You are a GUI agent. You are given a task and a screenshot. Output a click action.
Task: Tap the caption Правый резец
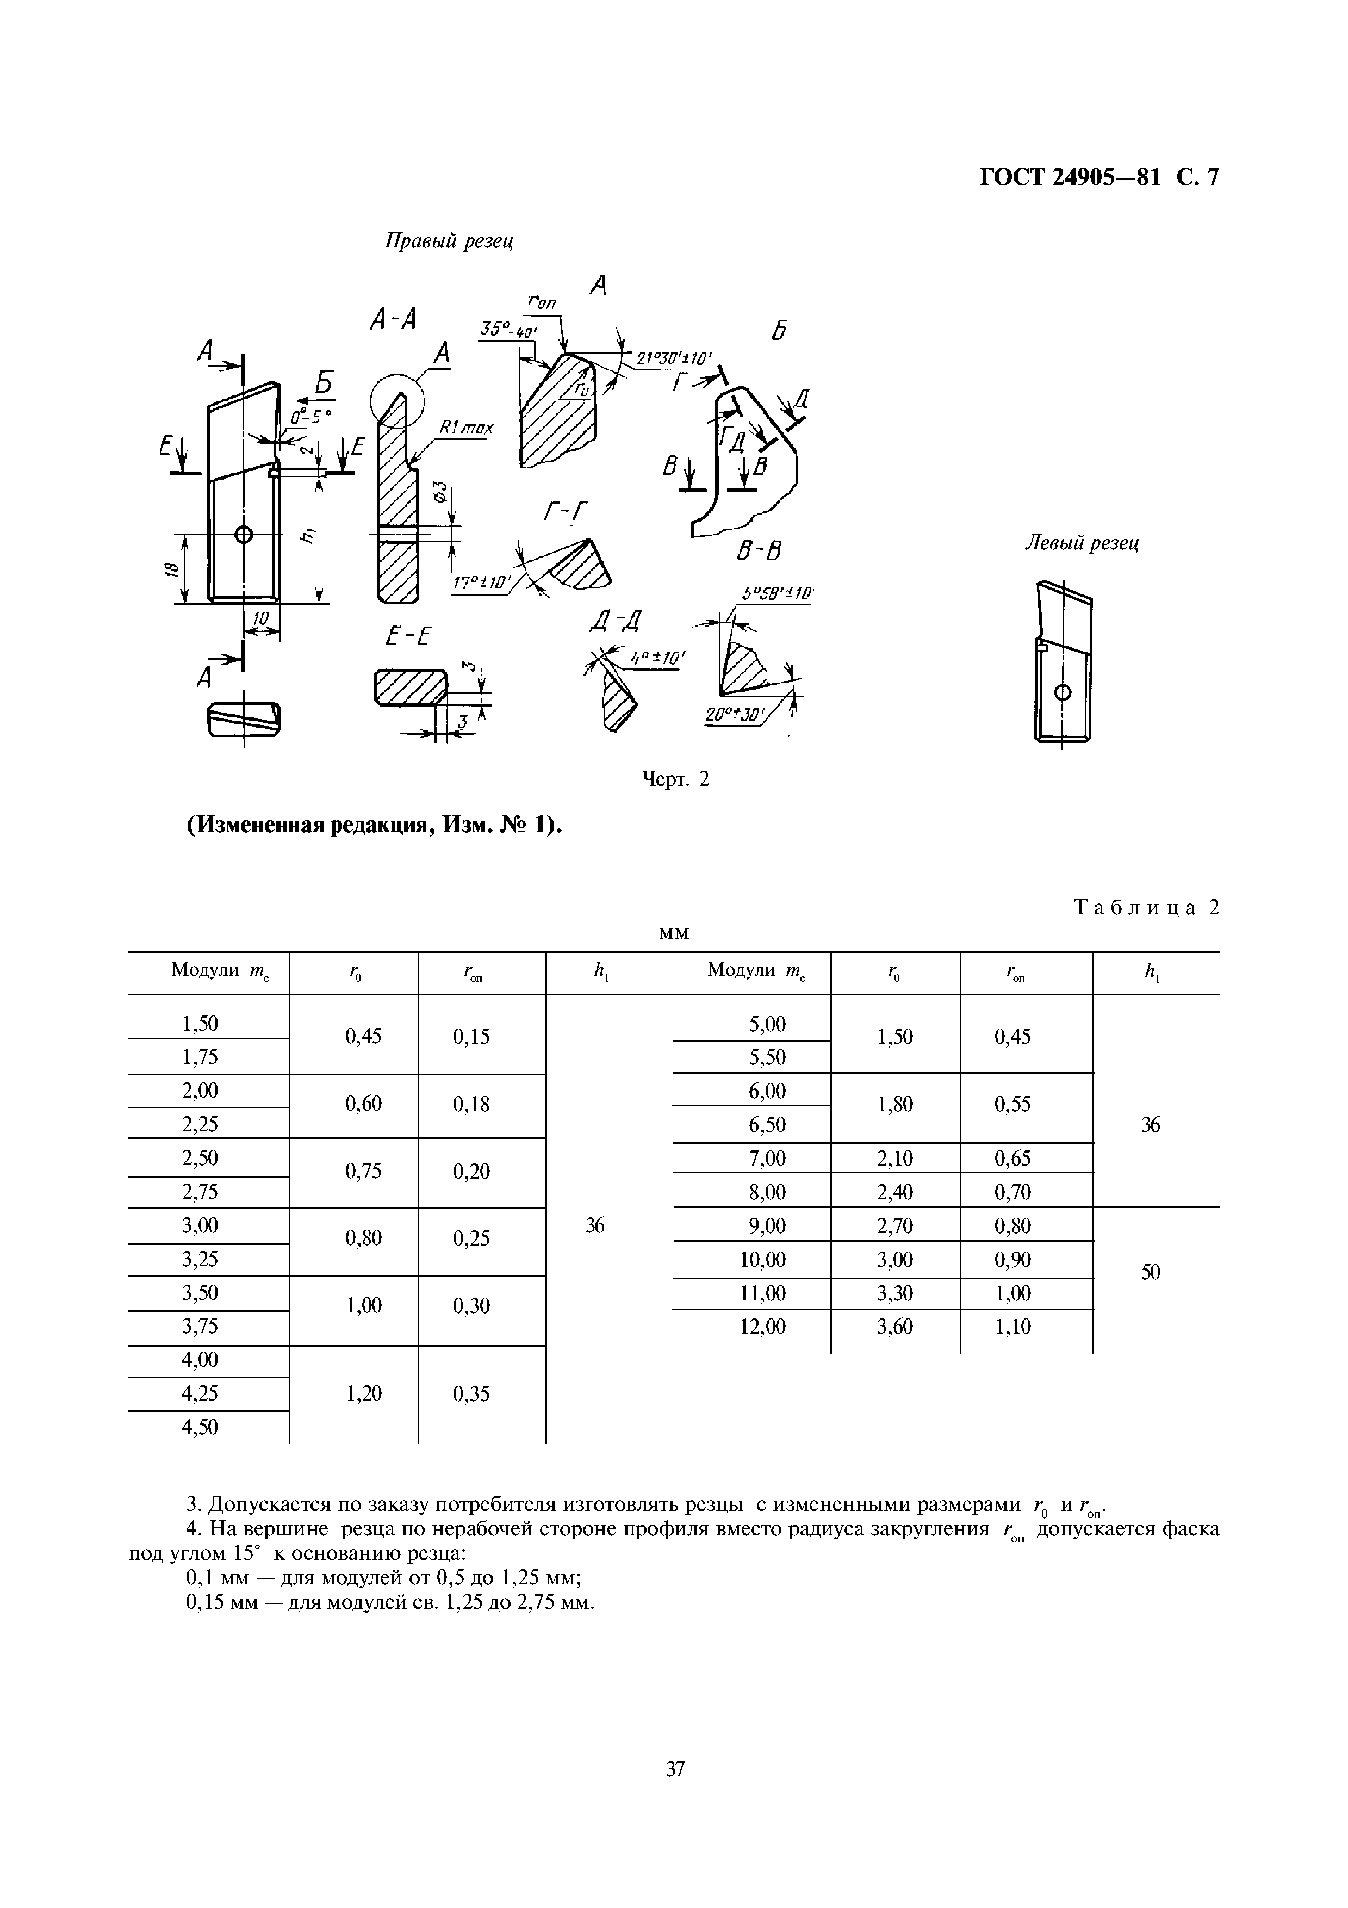click(x=449, y=241)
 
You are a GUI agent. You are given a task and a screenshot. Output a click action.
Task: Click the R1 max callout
click(x=465, y=429)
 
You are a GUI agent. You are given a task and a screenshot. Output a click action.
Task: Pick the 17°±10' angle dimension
click(x=481, y=584)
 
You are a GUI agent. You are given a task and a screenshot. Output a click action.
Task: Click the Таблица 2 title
click(x=1147, y=907)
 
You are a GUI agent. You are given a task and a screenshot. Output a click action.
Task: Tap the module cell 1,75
click(x=200, y=1057)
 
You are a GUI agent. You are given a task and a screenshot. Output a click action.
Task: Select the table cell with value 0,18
click(x=471, y=1105)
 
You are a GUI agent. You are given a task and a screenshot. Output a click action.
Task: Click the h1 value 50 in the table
click(x=1150, y=1272)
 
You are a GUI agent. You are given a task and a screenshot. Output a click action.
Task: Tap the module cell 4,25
click(x=200, y=1393)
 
